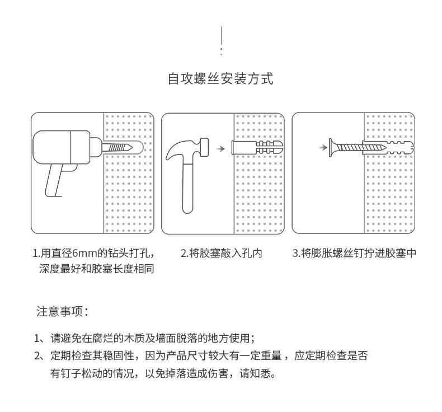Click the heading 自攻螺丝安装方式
(220, 78)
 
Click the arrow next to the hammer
(220, 149)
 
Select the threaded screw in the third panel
(352, 148)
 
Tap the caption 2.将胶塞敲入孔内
(221, 253)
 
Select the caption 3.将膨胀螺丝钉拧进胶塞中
(355, 253)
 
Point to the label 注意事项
(62, 311)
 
